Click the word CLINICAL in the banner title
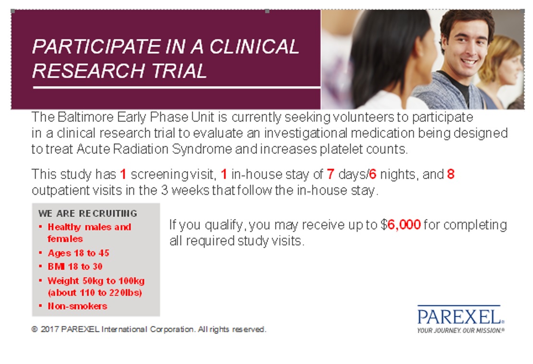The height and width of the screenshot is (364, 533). pos(254,47)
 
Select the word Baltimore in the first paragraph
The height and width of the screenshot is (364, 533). pos(85,117)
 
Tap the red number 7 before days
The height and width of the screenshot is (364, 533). pos(330,174)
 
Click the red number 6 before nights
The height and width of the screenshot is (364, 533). pos(373,174)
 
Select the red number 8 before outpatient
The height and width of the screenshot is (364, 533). pos(451,174)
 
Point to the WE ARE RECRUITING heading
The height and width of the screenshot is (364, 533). pos(88,213)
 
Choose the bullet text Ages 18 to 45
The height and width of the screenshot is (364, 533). pos(79,253)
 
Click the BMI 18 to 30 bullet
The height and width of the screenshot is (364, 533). pos(75,266)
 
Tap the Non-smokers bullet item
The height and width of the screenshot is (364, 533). pos(77,306)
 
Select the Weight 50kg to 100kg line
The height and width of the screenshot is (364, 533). pos(96,281)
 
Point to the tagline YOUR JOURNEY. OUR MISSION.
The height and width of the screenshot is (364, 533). pos(460,330)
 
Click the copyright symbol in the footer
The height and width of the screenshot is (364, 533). pos(34,329)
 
